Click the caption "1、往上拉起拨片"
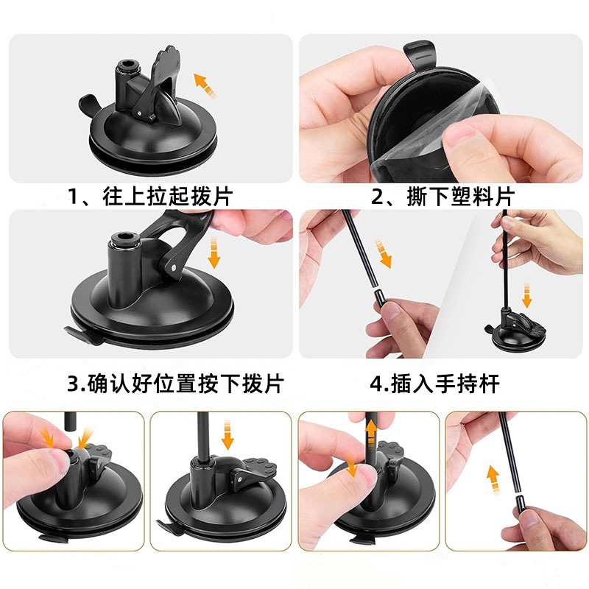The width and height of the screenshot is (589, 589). (150, 197)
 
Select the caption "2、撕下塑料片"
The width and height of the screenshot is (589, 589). (442, 197)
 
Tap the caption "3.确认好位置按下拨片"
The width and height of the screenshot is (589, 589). (174, 384)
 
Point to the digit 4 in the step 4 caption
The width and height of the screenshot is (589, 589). (375, 384)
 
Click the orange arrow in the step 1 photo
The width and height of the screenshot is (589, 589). (205, 84)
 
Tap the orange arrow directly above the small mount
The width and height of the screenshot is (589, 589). (526, 295)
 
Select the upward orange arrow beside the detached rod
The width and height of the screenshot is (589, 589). (491, 479)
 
